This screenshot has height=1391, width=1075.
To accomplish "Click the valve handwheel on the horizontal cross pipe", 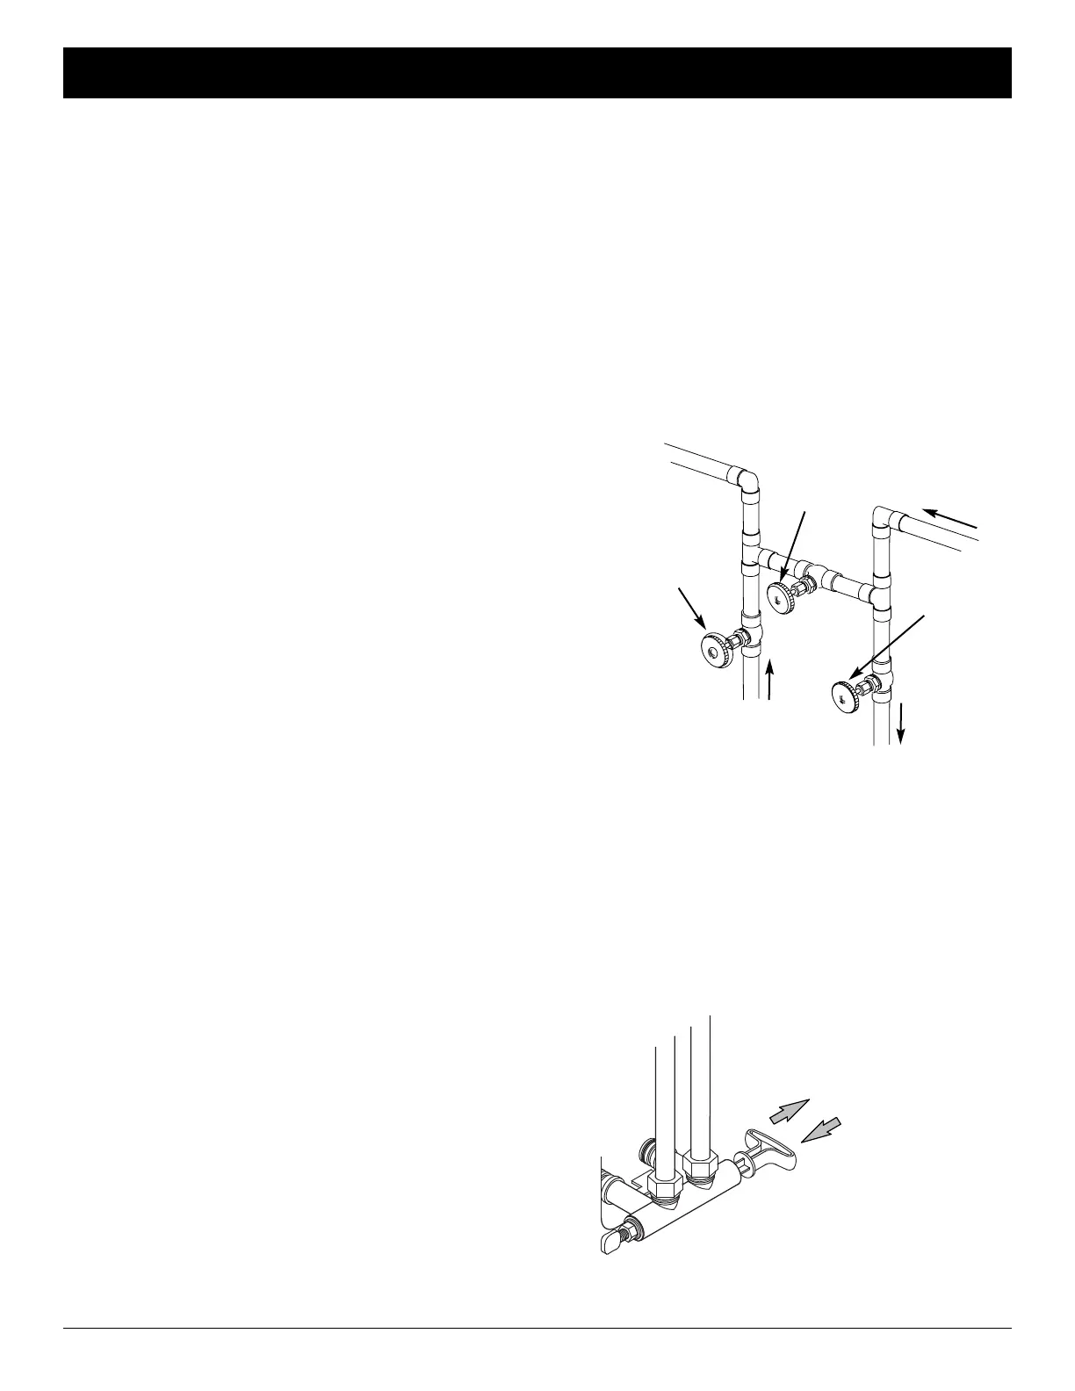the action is click(x=779, y=596).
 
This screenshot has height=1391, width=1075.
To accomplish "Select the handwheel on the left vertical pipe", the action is click(x=712, y=648).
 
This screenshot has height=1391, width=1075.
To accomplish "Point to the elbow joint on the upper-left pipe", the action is click(x=747, y=480).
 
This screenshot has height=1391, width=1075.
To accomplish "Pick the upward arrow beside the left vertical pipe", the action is click(x=770, y=681).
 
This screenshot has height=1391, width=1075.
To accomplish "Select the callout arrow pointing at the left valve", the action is click(x=690, y=609).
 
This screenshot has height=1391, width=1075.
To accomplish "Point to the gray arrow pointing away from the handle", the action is click(x=788, y=1110).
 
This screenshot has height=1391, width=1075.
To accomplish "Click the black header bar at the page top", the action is click(x=537, y=73).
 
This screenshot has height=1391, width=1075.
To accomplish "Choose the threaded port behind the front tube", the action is click(x=646, y=1149).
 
